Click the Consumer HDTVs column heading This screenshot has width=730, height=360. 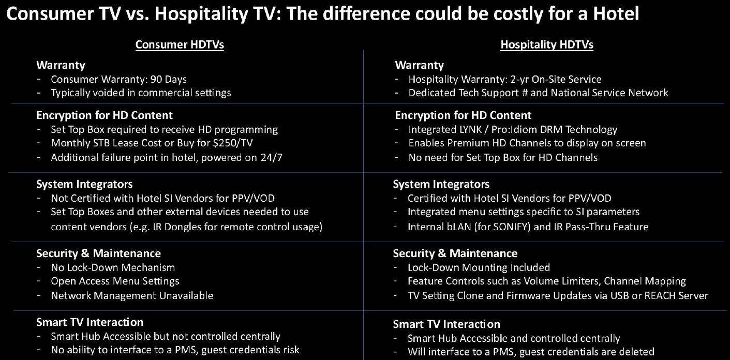click(180, 44)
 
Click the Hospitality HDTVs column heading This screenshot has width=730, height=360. click(547, 44)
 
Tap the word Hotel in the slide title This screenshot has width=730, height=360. click(616, 13)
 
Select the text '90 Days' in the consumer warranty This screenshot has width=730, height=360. click(169, 79)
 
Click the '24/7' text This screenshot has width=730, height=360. click(271, 158)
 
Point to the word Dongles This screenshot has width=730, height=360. click(183, 227)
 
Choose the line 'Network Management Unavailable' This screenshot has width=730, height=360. click(132, 295)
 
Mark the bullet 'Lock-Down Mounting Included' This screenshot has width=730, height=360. click(479, 267)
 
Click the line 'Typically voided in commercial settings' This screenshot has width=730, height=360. click(141, 93)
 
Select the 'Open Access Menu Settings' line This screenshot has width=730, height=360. click(115, 281)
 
